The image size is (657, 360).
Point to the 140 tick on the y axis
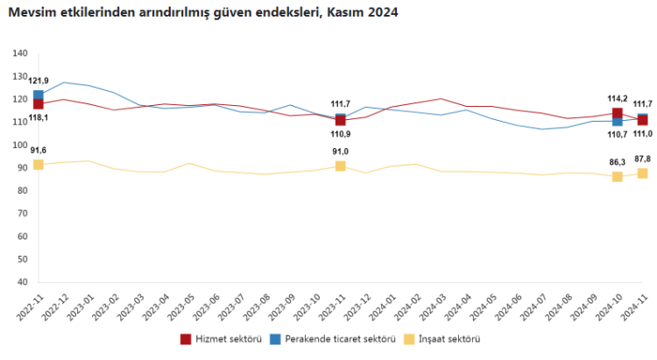21,53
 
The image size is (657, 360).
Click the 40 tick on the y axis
24,282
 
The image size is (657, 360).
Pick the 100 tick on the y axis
21,145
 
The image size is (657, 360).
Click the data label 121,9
39,81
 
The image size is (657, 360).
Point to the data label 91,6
39,151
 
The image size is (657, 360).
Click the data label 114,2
617,99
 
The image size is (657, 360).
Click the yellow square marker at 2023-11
340,166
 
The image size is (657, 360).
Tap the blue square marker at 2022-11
39,95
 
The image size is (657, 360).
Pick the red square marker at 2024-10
617,113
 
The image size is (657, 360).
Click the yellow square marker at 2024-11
642,173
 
